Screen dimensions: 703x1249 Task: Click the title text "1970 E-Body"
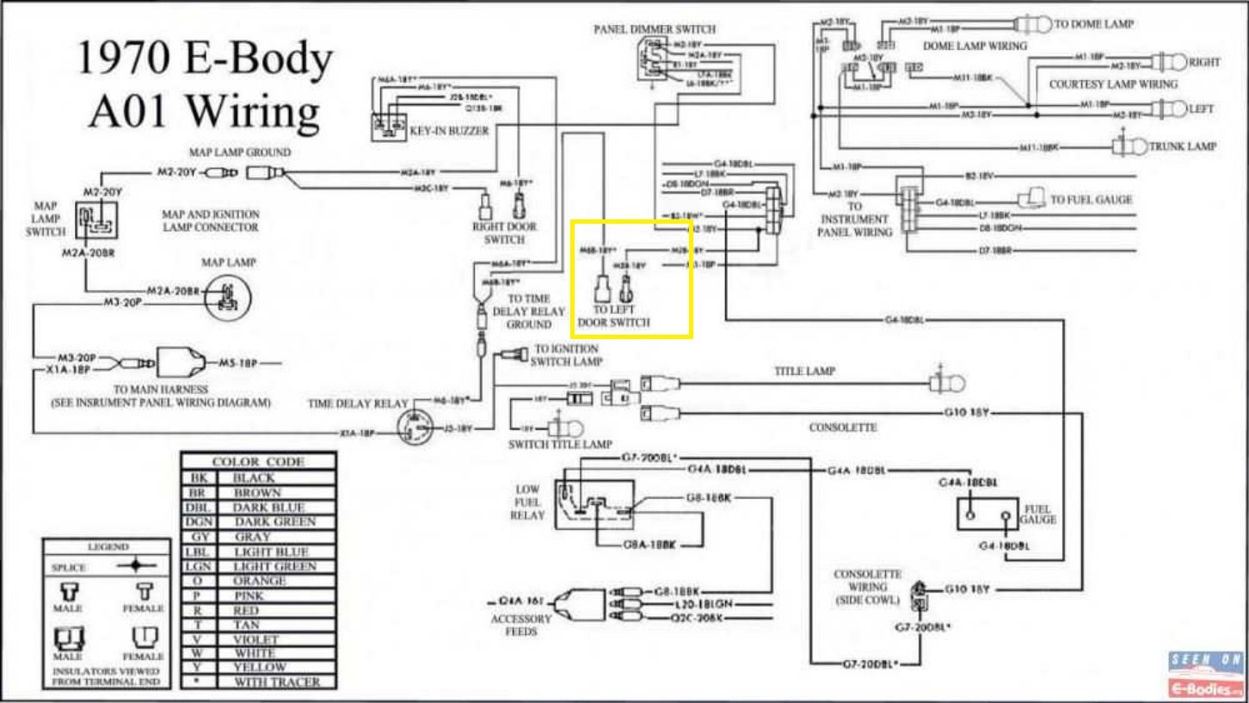coord(205,59)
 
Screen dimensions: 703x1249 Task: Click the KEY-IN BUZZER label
coord(449,131)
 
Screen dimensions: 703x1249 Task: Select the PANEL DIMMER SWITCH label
coord(654,29)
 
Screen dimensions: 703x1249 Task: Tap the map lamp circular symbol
coord(228,295)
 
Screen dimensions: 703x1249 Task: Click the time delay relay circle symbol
coord(417,426)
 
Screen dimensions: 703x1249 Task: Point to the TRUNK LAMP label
coord(1183,146)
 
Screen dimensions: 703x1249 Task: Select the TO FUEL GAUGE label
coord(1091,200)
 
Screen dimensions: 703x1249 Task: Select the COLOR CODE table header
coord(258,462)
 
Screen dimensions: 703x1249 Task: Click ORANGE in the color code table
coord(260,581)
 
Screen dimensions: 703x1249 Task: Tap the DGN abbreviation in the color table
coord(198,521)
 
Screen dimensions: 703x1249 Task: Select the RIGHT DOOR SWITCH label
coord(504,232)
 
